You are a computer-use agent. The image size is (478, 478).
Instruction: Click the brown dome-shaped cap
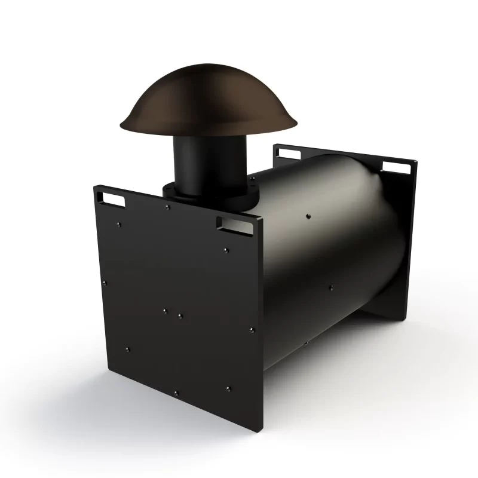209,102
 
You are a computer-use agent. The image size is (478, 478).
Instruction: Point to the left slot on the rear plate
288,154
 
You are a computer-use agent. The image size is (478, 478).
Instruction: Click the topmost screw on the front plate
168,207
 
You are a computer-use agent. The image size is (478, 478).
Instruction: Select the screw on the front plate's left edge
105,283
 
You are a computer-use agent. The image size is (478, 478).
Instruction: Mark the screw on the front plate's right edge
252,330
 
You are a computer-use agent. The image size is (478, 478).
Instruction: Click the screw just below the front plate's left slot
119,225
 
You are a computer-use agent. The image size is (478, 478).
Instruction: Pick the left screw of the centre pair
166,311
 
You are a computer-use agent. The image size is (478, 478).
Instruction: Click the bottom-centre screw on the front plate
176,393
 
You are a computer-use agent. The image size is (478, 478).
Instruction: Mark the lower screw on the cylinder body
330,287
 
